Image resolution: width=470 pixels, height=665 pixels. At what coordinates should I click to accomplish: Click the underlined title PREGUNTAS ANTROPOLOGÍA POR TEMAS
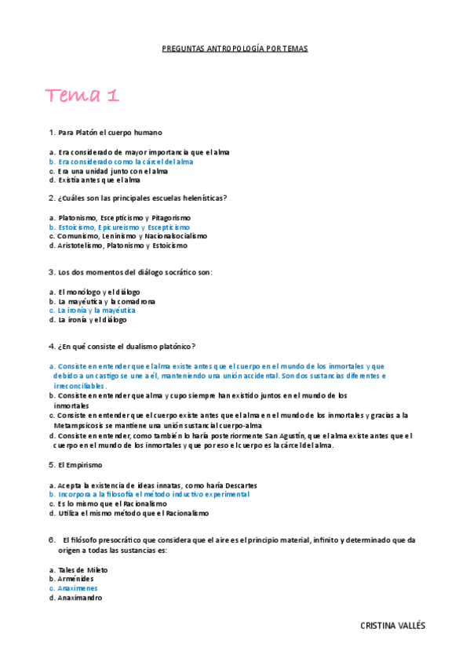[235, 49]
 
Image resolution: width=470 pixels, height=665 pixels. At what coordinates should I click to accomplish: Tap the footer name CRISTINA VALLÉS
[392, 626]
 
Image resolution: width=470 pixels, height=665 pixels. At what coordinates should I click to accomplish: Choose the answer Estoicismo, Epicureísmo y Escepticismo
[124, 227]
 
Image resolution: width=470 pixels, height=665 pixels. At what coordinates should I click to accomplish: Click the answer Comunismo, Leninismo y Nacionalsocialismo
[132, 236]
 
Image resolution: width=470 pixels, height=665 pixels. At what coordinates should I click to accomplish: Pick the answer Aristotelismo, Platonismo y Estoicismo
[122, 245]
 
